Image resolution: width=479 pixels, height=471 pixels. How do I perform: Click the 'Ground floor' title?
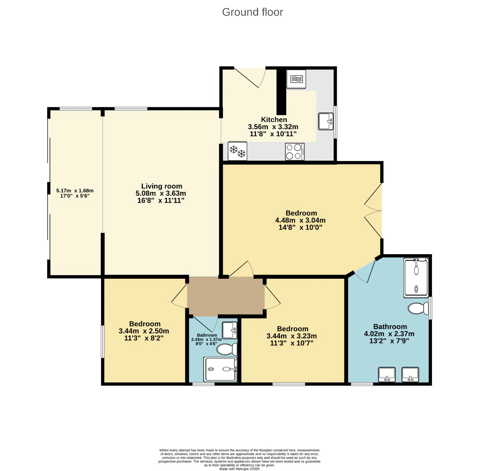click(252, 12)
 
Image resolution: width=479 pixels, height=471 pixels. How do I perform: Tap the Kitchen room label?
click(274, 119)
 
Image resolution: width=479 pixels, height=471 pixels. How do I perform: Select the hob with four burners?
click(295, 152)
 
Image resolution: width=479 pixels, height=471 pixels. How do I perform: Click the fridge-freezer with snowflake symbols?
click(237, 151)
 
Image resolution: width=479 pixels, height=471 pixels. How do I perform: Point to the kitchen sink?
click(326, 121)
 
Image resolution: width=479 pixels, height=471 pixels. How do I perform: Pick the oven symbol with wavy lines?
click(296, 79)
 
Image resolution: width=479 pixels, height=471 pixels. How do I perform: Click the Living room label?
click(162, 186)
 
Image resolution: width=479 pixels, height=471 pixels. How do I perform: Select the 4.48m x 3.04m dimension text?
click(300, 220)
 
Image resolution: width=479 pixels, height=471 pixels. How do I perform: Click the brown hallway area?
click(226, 296)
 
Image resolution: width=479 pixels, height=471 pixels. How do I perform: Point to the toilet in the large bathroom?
click(418, 308)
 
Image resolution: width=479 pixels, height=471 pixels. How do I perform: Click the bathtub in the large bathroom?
click(416, 278)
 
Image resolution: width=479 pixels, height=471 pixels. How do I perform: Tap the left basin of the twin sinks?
click(387, 375)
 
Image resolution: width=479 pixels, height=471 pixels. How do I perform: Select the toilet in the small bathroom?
click(227, 349)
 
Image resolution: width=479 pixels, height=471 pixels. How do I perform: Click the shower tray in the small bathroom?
click(220, 369)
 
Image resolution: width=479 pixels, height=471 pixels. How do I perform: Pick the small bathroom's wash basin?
click(230, 330)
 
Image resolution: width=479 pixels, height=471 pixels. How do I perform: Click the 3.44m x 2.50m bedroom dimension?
click(144, 331)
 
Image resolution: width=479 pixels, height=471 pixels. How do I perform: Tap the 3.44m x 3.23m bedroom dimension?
click(292, 336)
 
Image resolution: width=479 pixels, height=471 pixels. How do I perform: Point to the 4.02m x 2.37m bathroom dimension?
click(389, 334)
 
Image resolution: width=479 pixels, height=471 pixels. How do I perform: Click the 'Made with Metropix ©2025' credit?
click(239, 469)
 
